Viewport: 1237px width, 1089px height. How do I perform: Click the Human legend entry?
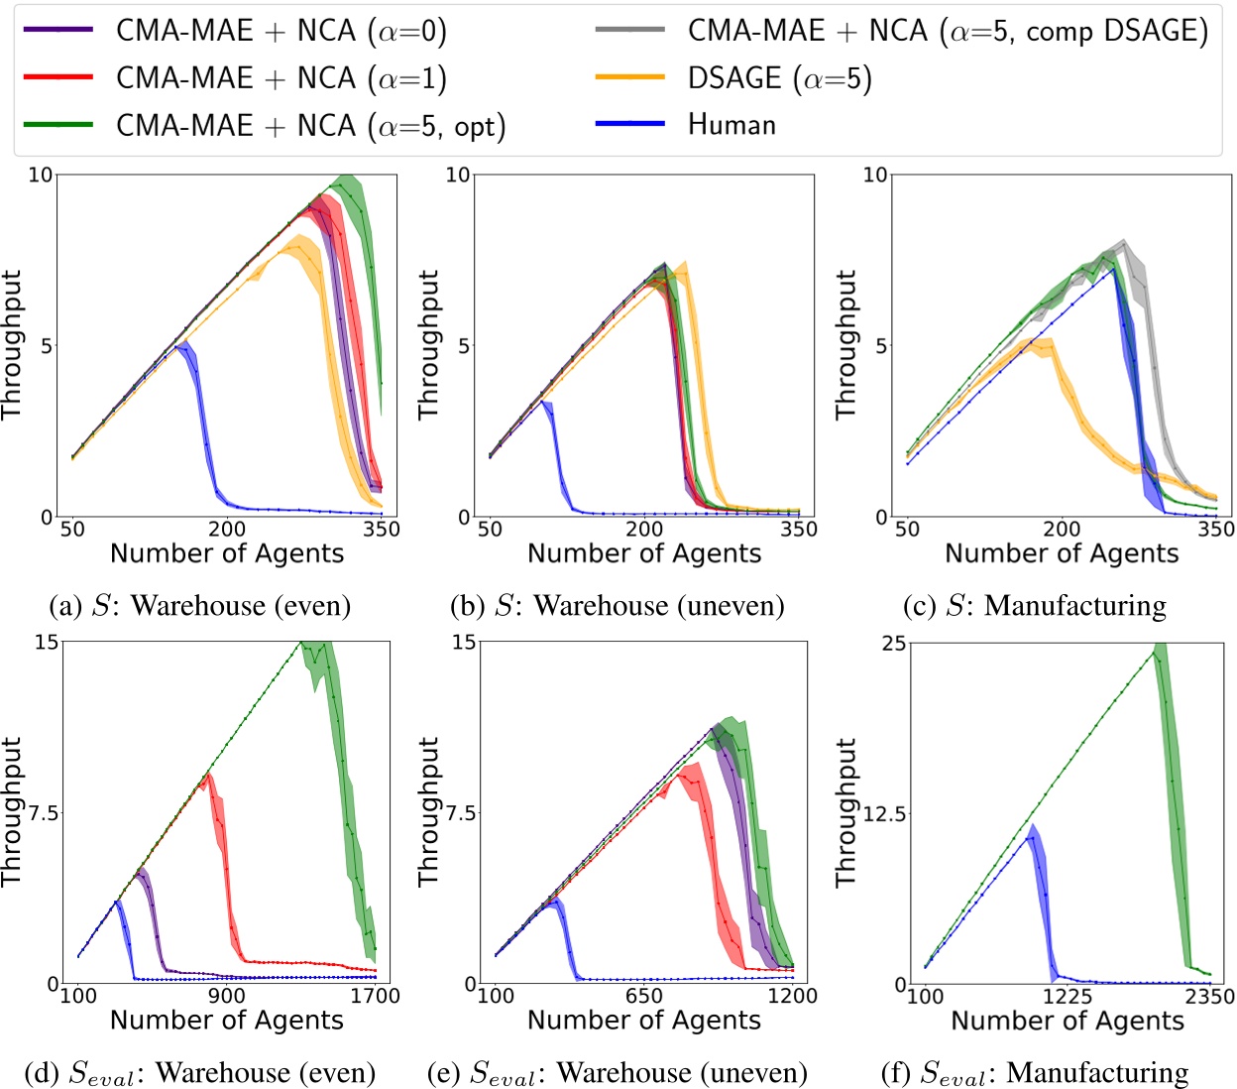(x=731, y=125)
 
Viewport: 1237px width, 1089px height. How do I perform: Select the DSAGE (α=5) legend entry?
(x=779, y=78)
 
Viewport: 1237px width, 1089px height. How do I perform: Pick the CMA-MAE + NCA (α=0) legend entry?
(x=281, y=31)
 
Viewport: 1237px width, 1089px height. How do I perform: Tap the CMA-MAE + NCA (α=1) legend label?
(x=281, y=78)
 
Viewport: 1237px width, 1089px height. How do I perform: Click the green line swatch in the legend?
(x=58, y=125)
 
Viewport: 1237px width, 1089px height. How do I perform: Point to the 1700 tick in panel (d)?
(x=376, y=996)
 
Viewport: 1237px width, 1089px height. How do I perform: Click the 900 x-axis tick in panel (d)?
(x=227, y=996)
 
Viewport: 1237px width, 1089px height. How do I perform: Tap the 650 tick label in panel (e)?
(x=644, y=996)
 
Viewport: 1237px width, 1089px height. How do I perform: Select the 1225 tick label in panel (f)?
(x=1068, y=997)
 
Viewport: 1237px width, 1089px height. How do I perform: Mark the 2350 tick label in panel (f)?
(x=1210, y=997)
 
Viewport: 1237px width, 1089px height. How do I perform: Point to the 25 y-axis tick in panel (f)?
(x=893, y=644)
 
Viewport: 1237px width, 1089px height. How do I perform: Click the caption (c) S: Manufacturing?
(x=1034, y=605)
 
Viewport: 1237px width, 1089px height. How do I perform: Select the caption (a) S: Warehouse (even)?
(x=200, y=605)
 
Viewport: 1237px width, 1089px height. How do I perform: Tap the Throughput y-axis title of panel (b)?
(x=428, y=345)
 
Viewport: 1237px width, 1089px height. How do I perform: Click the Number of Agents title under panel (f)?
(x=1068, y=1021)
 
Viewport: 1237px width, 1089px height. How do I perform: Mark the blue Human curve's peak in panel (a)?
(x=181, y=344)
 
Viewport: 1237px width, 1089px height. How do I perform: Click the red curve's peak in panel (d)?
(x=207, y=776)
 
